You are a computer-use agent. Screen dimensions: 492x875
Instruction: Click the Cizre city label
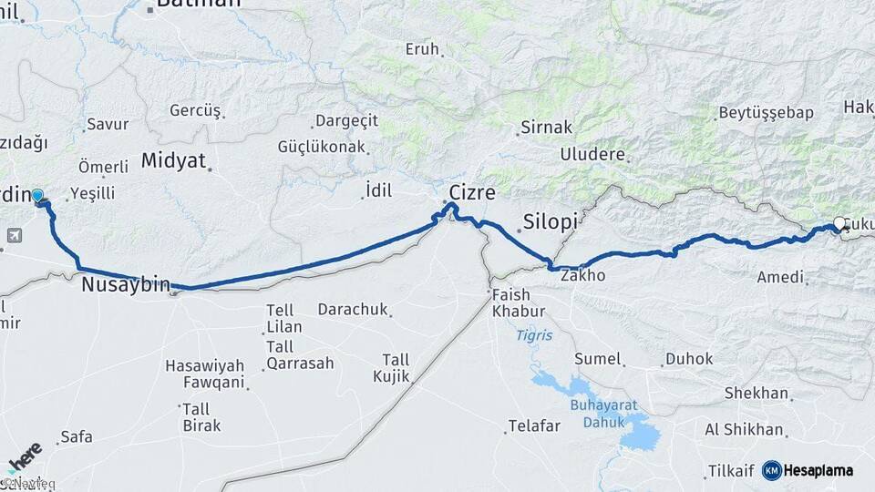pyautogui.click(x=472, y=193)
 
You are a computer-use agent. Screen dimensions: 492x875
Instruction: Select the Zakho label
pyautogui.click(x=583, y=274)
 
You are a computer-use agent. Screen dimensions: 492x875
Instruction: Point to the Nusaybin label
pyautogui.click(x=126, y=285)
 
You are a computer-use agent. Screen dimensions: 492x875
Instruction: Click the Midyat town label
pyautogui.click(x=173, y=162)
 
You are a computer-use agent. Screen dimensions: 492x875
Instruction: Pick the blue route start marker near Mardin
pyautogui.click(x=37, y=196)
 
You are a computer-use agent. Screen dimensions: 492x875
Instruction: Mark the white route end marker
pyautogui.click(x=839, y=222)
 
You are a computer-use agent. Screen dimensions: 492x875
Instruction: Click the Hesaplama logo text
pyautogui.click(x=818, y=471)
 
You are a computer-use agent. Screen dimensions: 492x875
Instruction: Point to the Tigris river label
pyautogui.click(x=534, y=335)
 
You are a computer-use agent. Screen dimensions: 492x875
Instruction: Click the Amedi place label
pyautogui.click(x=780, y=277)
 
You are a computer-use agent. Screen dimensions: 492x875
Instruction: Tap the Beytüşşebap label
pyautogui.click(x=765, y=113)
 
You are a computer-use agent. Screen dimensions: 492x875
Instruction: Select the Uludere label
pyautogui.click(x=592, y=154)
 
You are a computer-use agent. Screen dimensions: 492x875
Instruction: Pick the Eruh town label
pyautogui.click(x=422, y=49)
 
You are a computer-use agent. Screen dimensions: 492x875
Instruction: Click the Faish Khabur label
pyautogui.click(x=518, y=303)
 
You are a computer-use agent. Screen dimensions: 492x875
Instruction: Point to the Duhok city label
pyautogui.click(x=689, y=359)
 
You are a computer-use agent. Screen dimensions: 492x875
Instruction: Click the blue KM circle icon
pyautogui.click(x=772, y=470)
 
